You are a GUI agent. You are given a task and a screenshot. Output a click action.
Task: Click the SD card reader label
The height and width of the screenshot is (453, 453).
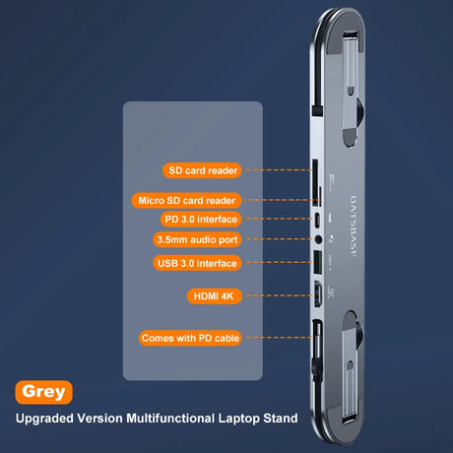[x=202, y=170]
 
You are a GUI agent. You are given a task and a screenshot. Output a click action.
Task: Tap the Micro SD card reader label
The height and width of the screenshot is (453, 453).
[x=186, y=200]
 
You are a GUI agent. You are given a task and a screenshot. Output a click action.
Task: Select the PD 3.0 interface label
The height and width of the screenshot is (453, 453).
[x=201, y=219]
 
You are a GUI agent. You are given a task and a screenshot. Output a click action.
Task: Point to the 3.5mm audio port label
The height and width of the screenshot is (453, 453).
[x=197, y=239]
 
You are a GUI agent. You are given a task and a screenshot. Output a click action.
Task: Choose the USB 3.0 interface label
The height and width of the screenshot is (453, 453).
[x=197, y=263]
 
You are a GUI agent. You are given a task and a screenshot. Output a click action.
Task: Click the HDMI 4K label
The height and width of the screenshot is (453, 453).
[x=215, y=295]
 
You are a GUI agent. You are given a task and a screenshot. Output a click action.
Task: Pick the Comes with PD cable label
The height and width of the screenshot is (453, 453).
[x=190, y=338]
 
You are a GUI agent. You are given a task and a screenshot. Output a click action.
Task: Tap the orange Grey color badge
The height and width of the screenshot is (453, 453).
[x=43, y=392]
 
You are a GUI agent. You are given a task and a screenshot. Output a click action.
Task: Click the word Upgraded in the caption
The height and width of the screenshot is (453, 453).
[x=44, y=419]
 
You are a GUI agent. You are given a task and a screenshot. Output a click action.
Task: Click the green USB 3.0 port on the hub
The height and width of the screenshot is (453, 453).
[x=318, y=262]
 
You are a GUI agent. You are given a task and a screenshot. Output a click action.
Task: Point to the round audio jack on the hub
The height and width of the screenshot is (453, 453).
[x=318, y=239]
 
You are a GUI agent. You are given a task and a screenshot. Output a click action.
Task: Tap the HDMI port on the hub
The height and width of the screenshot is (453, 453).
[x=318, y=293]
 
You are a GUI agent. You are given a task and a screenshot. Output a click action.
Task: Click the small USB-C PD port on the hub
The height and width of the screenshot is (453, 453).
[x=317, y=220]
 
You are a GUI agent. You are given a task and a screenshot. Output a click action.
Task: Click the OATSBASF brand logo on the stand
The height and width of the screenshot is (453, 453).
[x=353, y=226]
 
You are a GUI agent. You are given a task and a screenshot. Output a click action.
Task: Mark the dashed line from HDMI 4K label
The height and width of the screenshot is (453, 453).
[x=279, y=295]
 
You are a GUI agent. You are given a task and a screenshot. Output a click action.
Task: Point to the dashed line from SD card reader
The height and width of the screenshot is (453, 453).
[x=279, y=170]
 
